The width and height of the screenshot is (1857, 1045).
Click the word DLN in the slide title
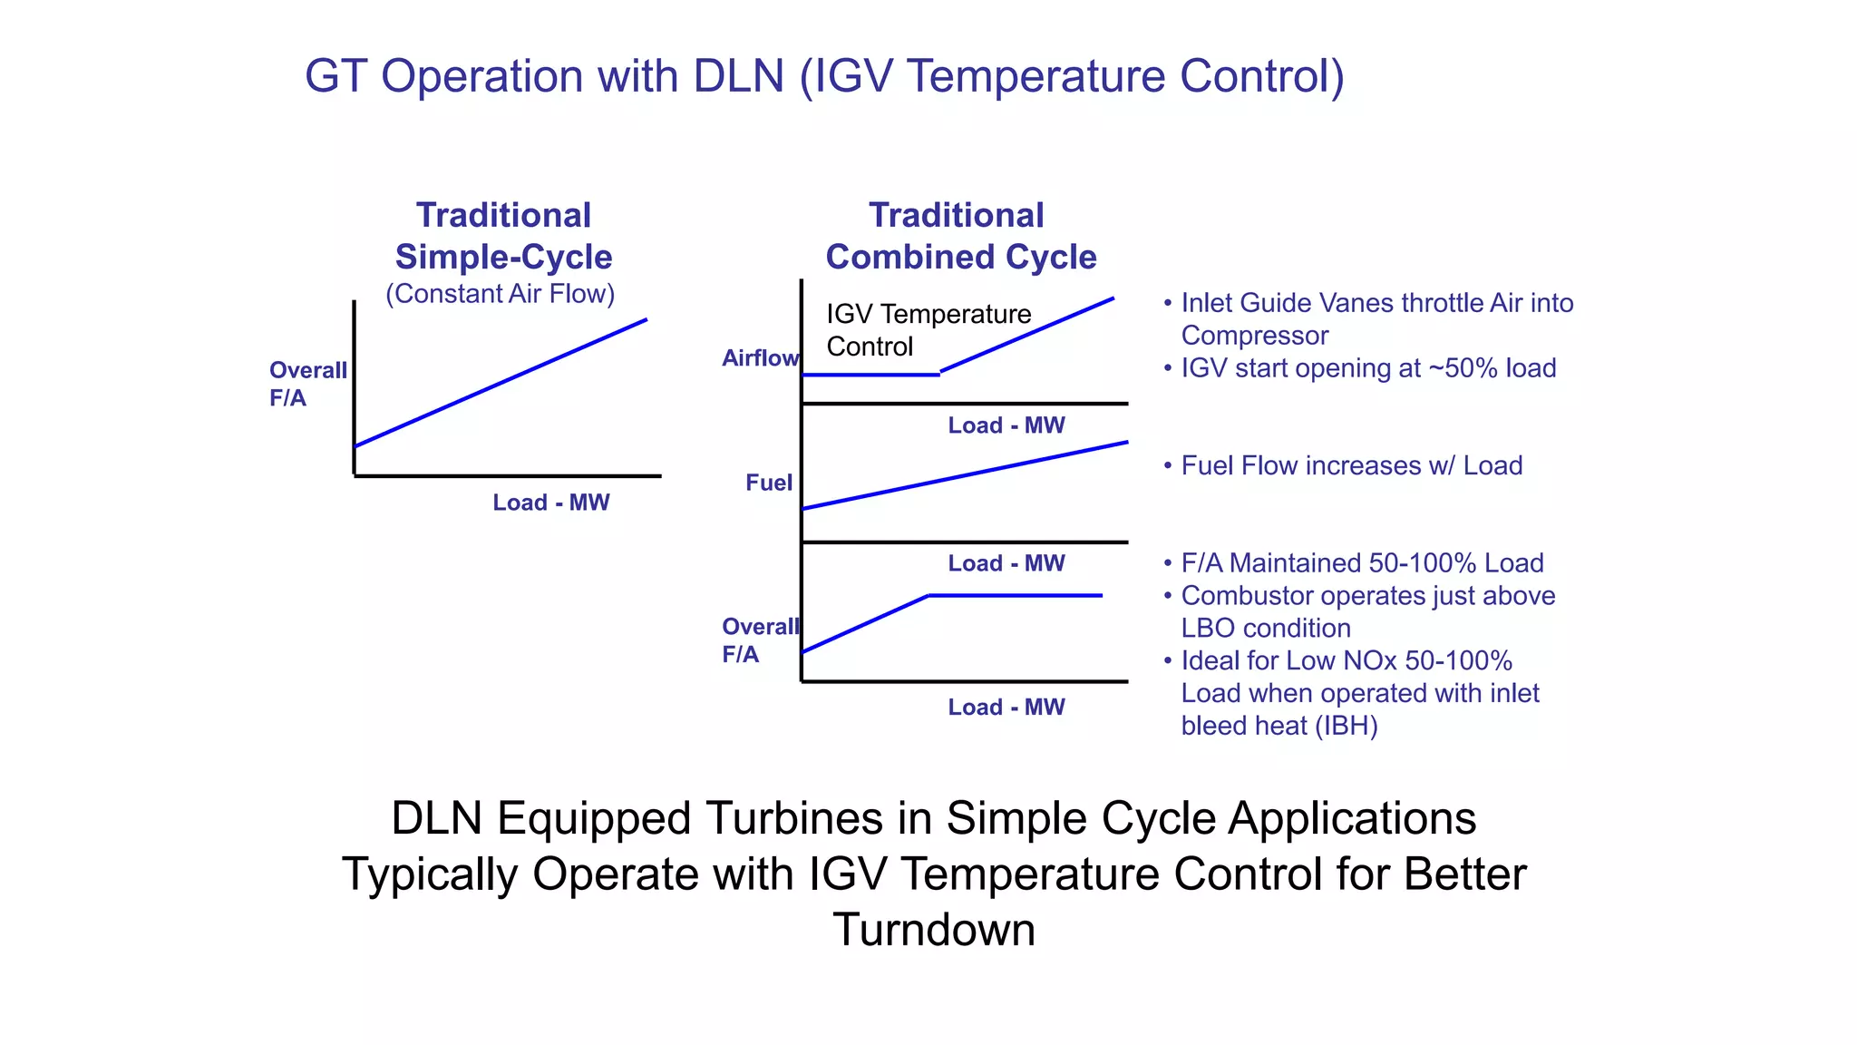click(x=738, y=76)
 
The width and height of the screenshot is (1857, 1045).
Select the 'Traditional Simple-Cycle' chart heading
click(x=503, y=236)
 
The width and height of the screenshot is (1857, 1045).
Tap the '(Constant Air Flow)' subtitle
click(x=500, y=294)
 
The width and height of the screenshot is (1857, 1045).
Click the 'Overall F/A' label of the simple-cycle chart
click(x=306, y=384)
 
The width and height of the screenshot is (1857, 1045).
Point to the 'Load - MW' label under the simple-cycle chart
click(x=550, y=503)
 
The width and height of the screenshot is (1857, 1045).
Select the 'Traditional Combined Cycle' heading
click(x=959, y=236)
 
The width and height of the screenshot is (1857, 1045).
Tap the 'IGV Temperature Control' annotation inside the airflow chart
click(x=927, y=330)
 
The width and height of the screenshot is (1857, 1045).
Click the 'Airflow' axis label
click(x=760, y=358)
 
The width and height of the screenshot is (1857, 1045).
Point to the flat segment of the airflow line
click(x=870, y=375)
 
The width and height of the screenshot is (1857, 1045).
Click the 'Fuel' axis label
click(x=768, y=483)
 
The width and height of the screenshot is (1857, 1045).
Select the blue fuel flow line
click(x=965, y=475)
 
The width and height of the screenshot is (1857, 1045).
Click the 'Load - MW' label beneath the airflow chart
click(x=1006, y=425)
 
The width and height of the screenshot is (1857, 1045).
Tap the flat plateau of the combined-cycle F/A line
click(x=1016, y=595)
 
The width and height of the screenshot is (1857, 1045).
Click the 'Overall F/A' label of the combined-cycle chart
click(x=759, y=640)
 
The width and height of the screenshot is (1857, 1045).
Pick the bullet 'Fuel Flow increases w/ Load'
click(x=1351, y=465)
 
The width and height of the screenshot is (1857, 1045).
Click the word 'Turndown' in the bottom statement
click(x=934, y=930)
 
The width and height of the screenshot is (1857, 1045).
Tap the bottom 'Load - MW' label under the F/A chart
click(x=1006, y=708)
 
